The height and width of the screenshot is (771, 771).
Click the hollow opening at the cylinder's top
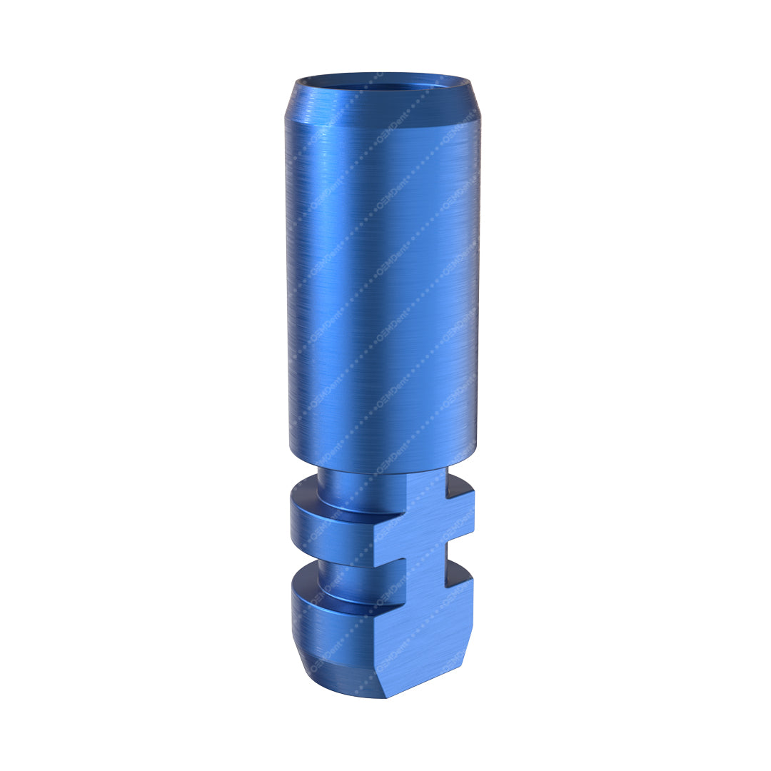click(383, 81)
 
